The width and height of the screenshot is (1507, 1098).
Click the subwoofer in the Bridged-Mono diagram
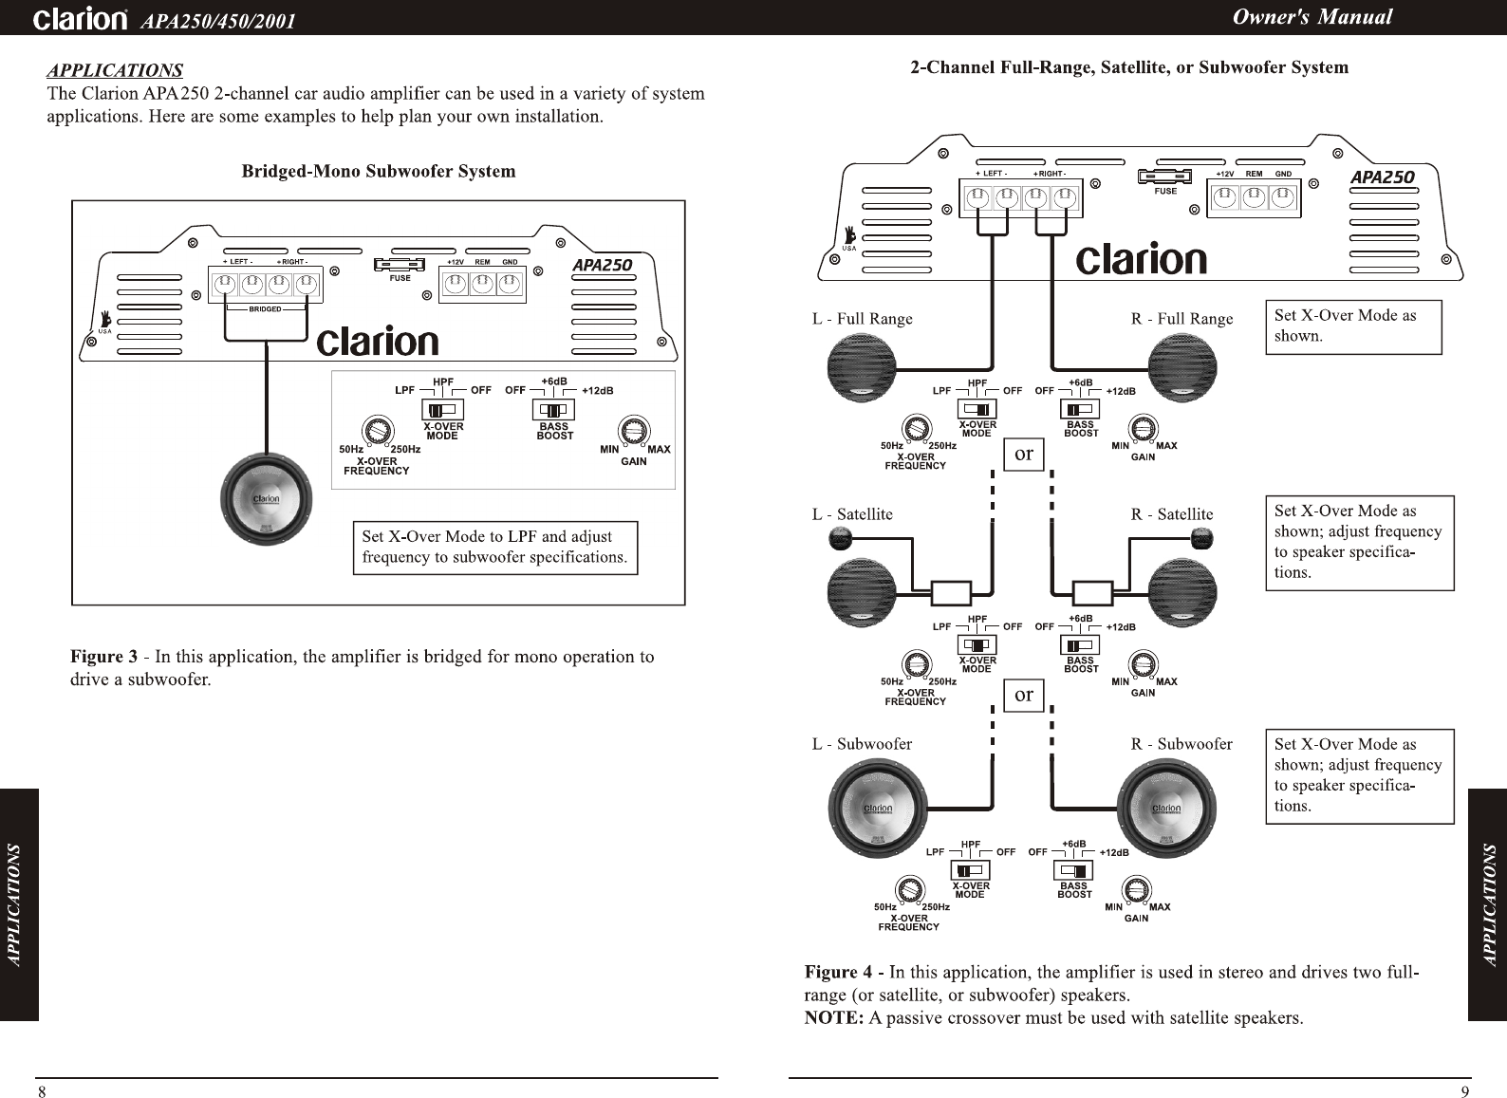click(266, 500)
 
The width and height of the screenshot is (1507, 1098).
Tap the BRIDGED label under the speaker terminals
click(265, 309)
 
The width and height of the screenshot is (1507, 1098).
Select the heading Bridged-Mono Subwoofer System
click(379, 172)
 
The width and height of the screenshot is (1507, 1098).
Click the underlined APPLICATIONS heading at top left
click(115, 70)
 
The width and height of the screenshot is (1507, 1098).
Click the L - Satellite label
click(852, 514)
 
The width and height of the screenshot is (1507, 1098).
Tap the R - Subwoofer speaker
click(1165, 809)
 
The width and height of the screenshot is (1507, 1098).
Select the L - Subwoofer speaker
click(874, 809)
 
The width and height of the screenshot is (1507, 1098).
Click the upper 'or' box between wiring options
click(1023, 454)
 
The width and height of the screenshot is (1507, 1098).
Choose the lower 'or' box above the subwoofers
click(1023, 695)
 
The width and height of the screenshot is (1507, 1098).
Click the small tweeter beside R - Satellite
click(1200, 541)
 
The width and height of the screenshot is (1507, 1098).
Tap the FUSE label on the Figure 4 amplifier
click(1165, 192)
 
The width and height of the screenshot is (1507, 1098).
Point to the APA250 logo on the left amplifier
click(602, 266)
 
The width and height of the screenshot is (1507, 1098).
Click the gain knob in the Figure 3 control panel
click(633, 431)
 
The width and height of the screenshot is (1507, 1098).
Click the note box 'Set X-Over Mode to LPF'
click(494, 548)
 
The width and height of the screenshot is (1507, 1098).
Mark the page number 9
click(1465, 1090)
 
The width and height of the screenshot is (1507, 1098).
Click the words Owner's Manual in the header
click(1312, 17)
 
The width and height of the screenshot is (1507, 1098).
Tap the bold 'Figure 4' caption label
click(838, 973)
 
